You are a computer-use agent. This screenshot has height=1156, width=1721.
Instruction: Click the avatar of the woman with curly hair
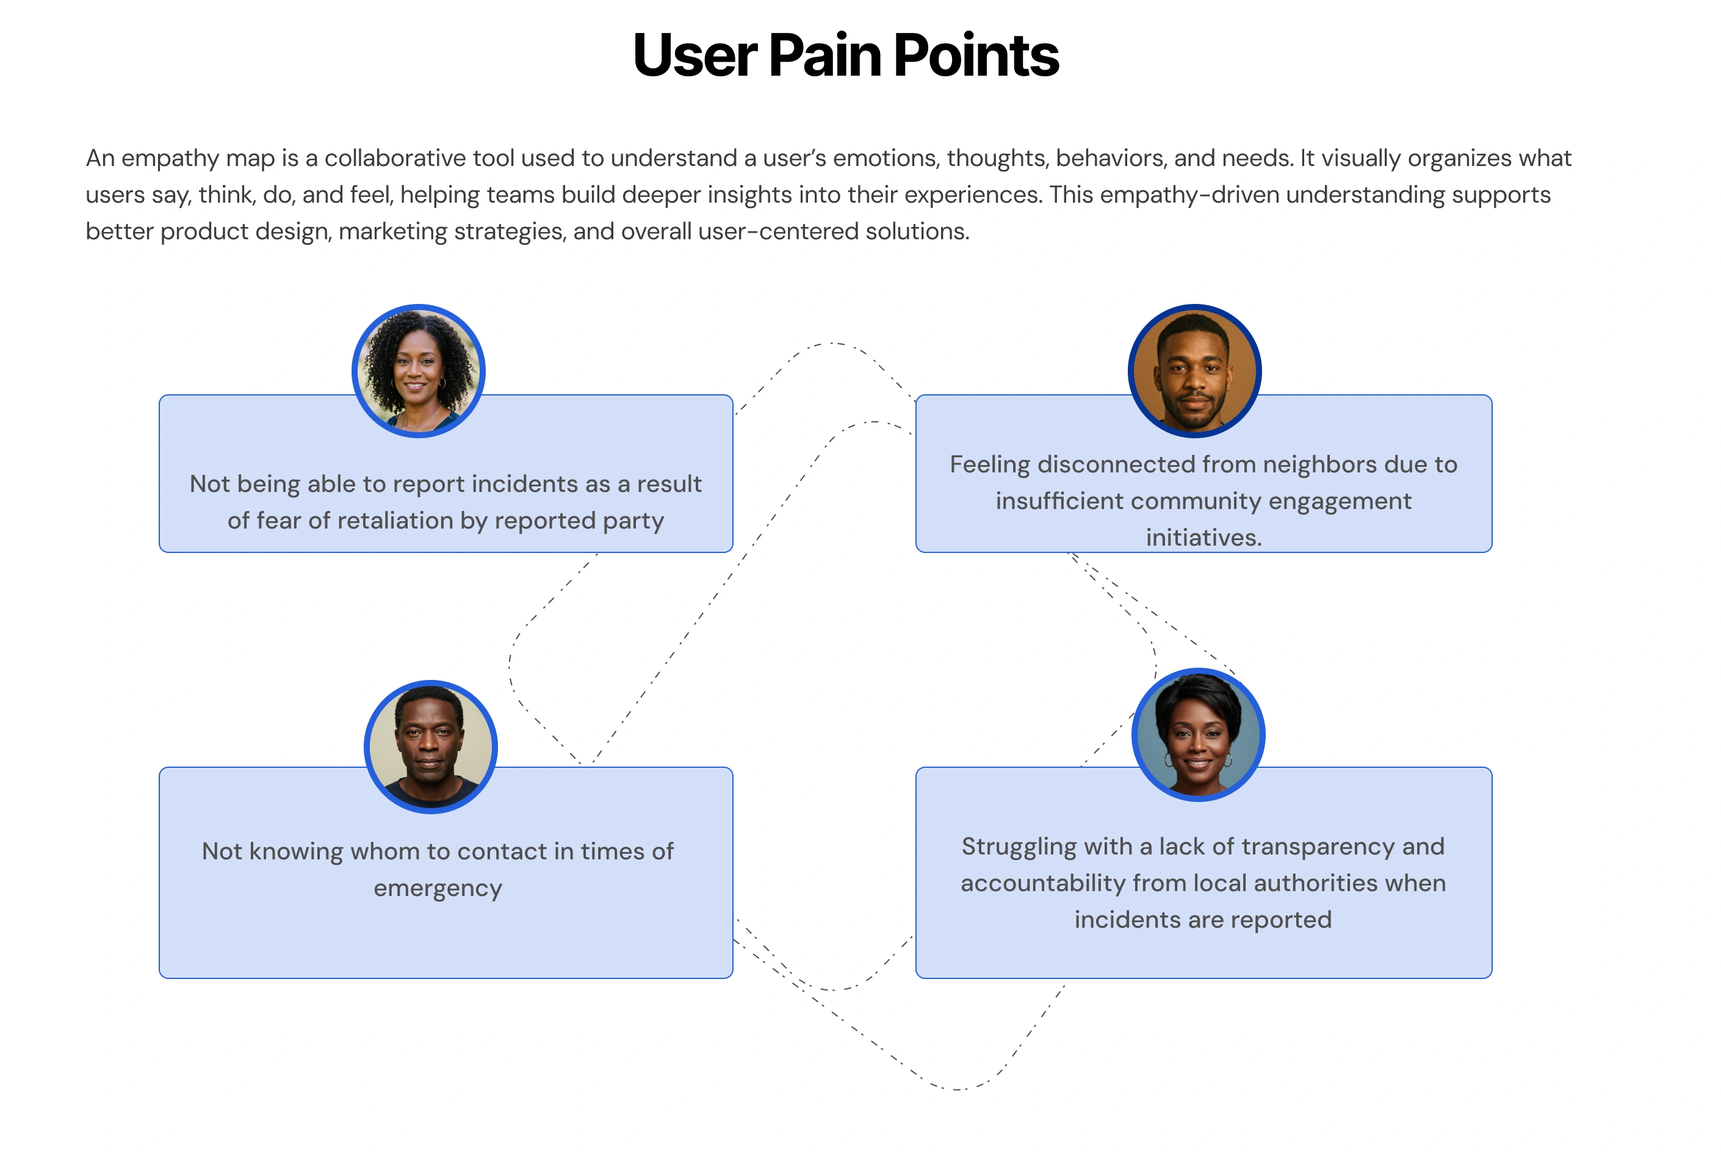pyautogui.click(x=419, y=371)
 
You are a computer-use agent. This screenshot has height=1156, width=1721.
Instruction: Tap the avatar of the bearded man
pyautogui.click(x=1194, y=371)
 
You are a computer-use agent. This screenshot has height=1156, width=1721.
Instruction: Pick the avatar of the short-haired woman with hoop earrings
pyautogui.click(x=1198, y=734)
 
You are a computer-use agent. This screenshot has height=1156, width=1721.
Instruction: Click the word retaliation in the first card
pyautogui.click(x=392, y=521)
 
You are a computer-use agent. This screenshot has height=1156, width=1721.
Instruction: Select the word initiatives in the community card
pyautogui.click(x=1203, y=538)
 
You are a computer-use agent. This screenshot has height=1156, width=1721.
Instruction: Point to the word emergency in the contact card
pyautogui.click(x=438, y=889)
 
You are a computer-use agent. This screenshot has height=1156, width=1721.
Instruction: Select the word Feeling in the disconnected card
pyautogui.click(x=989, y=464)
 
